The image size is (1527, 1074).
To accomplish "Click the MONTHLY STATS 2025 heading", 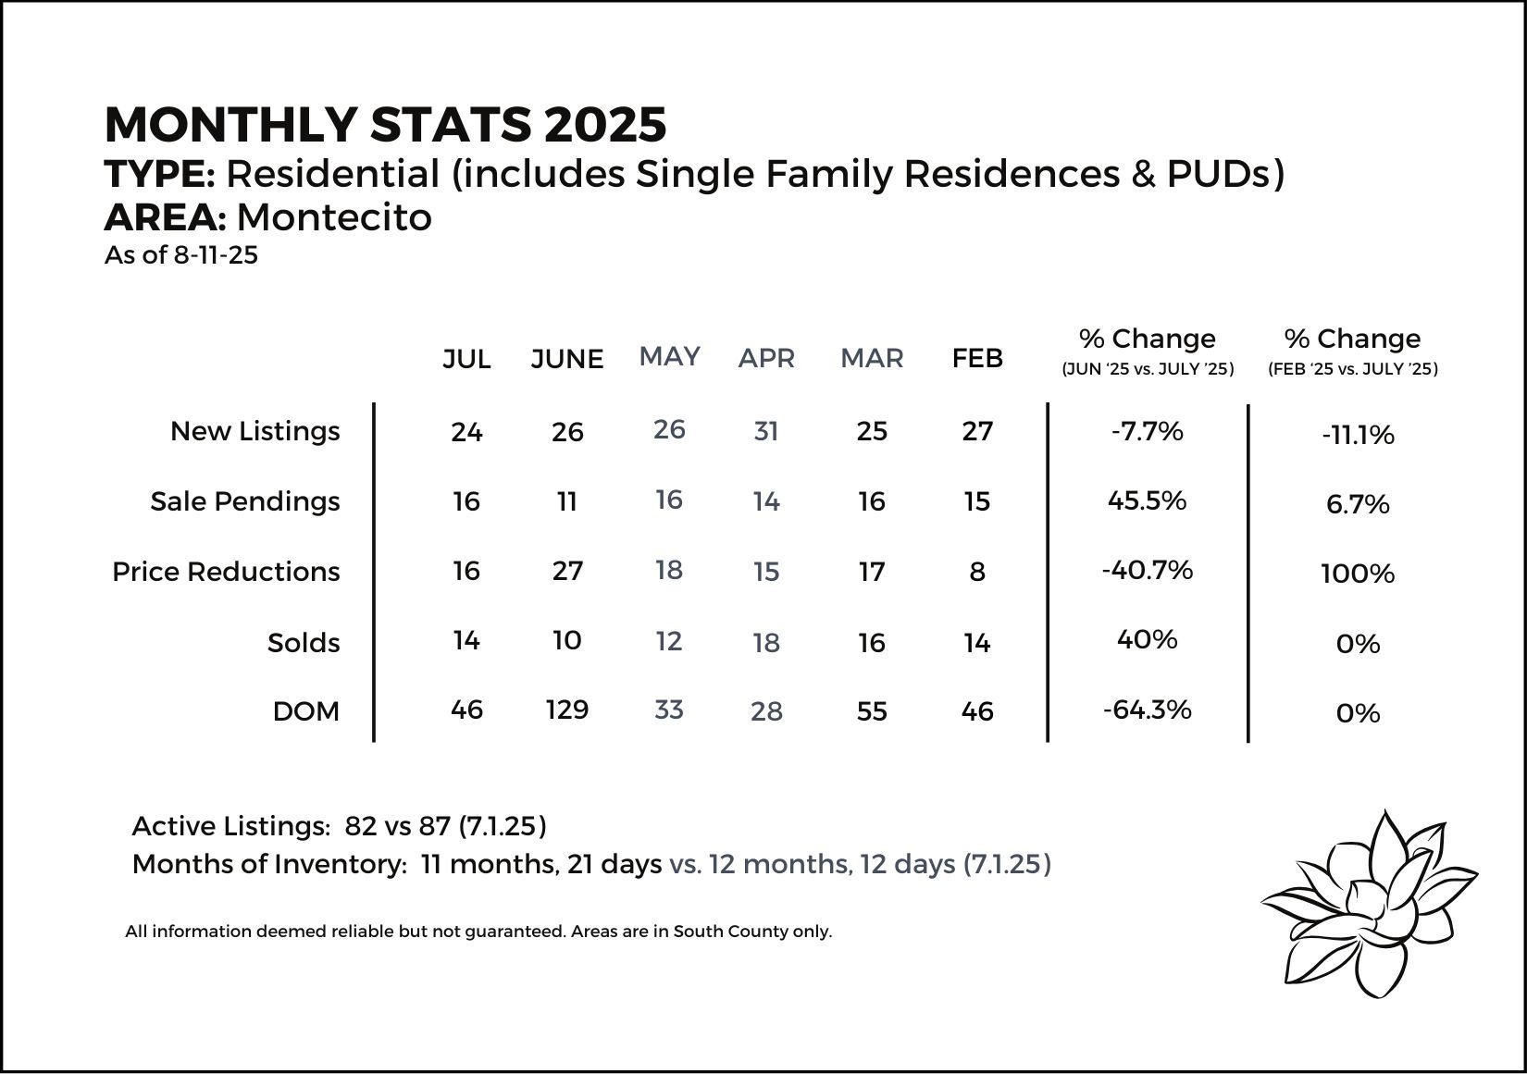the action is (x=385, y=125).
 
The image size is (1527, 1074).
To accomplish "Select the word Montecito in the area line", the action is (x=334, y=217).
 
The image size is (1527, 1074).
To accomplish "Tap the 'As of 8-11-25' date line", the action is (x=181, y=255).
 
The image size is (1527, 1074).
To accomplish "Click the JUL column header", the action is (x=466, y=359).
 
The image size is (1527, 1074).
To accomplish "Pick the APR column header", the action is (x=766, y=358).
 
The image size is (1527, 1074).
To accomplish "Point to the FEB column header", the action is (x=977, y=358).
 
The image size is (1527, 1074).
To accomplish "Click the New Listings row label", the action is (x=254, y=431).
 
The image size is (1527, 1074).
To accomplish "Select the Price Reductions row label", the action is (x=226, y=572).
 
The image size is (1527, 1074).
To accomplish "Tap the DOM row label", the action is (x=306, y=711).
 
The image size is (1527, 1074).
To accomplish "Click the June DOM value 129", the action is (x=567, y=710).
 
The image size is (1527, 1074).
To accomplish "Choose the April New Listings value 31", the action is (x=766, y=431).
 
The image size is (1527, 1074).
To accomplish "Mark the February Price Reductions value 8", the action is (x=977, y=572).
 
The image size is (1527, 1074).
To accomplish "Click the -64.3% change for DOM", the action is (x=1148, y=710).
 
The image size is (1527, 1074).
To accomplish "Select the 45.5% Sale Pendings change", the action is (x=1148, y=500).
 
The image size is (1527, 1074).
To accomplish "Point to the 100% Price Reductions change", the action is (x=1358, y=574).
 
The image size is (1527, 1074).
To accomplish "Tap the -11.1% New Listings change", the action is (x=1358, y=435).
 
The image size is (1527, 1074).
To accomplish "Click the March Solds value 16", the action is (x=871, y=643).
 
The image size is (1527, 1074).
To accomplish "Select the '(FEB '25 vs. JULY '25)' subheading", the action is (x=1352, y=369).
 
